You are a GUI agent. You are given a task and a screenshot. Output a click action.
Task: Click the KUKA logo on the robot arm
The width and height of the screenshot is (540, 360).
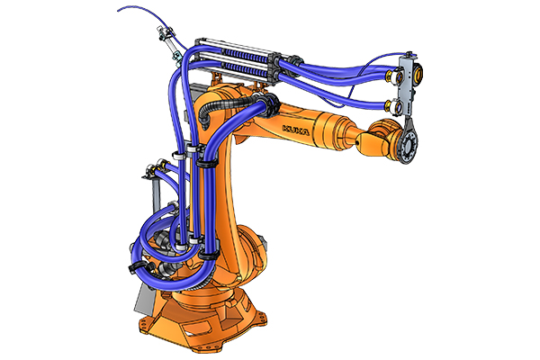pos(295,130)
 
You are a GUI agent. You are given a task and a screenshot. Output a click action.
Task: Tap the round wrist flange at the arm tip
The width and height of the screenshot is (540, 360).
pos(409,146)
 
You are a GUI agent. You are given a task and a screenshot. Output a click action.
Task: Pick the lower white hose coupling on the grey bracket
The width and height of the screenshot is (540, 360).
pos(391,105)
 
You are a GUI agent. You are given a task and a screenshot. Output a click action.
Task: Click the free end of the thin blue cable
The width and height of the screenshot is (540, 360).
pos(118,10)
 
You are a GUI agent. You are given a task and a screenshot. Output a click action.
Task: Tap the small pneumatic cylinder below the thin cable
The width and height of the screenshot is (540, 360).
pos(170,46)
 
